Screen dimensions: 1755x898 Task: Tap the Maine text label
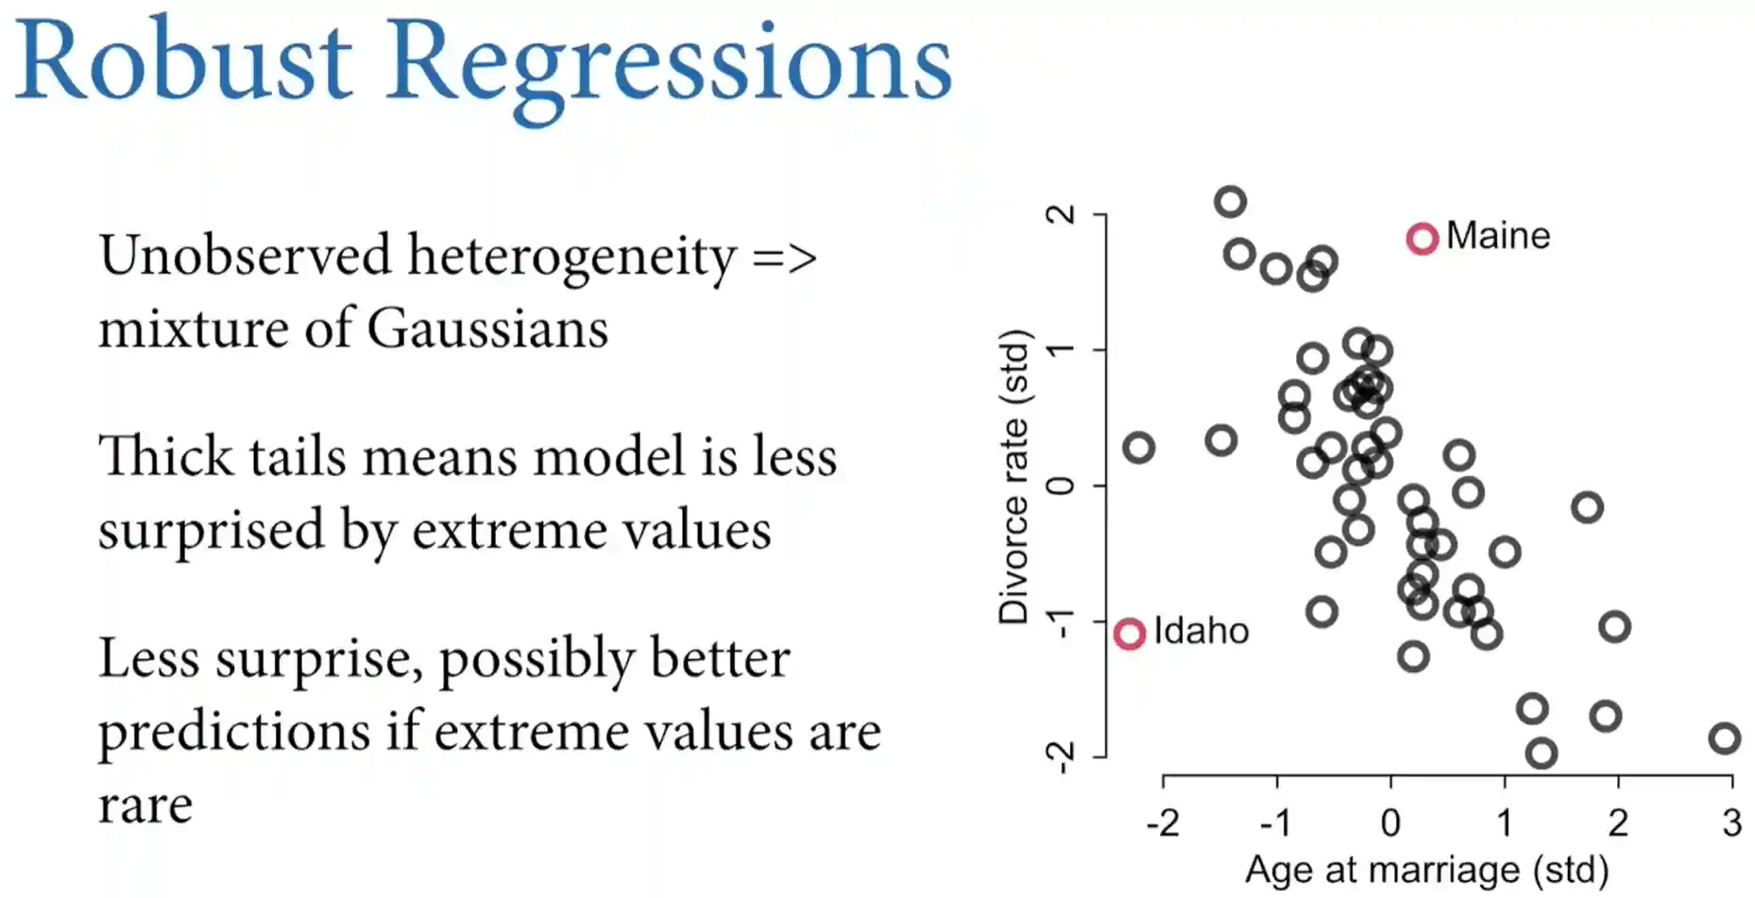tap(1498, 235)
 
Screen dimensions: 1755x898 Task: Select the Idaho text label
tap(1201, 631)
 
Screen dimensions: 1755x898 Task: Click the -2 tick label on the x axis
tap(1163, 822)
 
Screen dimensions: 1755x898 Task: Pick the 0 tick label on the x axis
tap(1390, 822)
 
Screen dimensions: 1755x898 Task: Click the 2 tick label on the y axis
tap(1061, 214)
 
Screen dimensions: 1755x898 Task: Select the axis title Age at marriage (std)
tap(1426, 870)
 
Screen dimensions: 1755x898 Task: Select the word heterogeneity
tap(571, 257)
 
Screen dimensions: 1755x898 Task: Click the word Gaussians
tap(487, 329)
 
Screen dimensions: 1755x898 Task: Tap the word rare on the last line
tap(145, 805)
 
